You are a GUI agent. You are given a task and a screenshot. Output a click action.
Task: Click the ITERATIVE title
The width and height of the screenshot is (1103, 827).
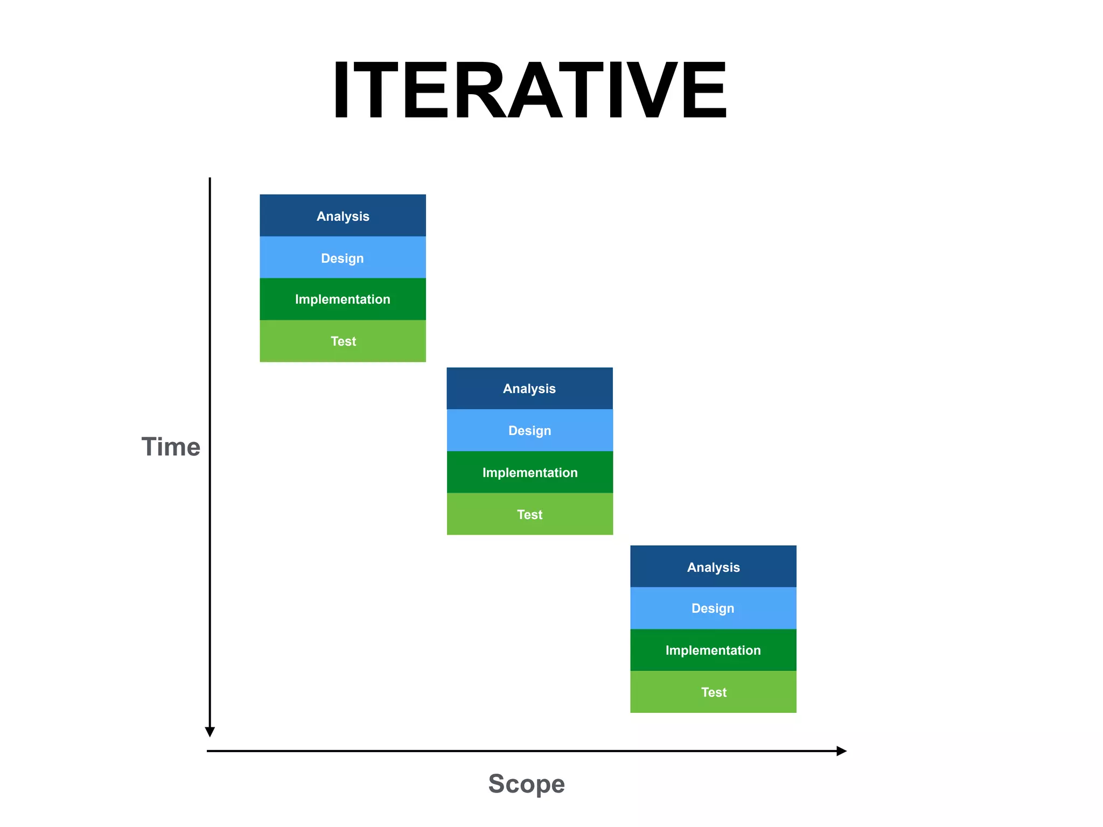click(x=530, y=90)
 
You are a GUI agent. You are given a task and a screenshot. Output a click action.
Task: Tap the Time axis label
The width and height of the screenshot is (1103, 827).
click(x=171, y=447)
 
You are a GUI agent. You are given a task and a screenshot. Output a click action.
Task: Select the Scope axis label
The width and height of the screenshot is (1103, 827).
click(x=526, y=783)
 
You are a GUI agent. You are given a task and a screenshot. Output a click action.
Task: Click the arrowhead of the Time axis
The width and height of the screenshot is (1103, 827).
click(x=210, y=732)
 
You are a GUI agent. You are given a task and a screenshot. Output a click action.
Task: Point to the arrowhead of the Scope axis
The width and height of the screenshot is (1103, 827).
click(x=841, y=751)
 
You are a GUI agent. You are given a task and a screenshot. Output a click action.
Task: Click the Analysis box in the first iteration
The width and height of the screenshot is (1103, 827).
click(x=343, y=215)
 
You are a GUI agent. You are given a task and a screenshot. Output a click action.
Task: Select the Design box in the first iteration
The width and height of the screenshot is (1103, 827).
click(x=343, y=257)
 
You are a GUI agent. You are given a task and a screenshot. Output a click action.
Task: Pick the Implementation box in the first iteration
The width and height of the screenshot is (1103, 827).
click(x=343, y=299)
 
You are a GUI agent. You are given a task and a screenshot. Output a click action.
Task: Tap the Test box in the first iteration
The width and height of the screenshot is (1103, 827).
click(x=343, y=341)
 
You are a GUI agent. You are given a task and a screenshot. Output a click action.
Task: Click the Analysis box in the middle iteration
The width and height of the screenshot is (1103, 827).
click(x=529, y=388)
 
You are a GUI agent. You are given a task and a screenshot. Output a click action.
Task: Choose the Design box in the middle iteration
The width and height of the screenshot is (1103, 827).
click(x=529, y=430)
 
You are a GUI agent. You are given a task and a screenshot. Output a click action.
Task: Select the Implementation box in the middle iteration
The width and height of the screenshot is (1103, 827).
click(x=529, y=472)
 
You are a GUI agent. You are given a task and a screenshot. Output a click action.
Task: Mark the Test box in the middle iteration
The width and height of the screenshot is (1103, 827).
click(x=529, y=514)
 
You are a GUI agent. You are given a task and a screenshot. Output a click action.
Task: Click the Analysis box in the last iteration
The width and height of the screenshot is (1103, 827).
click(x=713, y=566)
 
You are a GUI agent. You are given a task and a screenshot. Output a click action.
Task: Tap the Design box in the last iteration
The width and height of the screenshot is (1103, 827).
click(x=713, y=608)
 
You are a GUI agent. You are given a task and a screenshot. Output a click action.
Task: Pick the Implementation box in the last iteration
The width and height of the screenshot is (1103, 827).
click(x=713, y=650)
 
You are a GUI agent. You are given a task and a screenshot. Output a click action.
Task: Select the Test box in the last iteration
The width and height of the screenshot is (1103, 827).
click(x=713, y=692)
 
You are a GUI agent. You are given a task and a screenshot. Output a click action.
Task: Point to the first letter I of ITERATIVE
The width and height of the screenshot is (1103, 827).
click(x=341, y=90)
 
